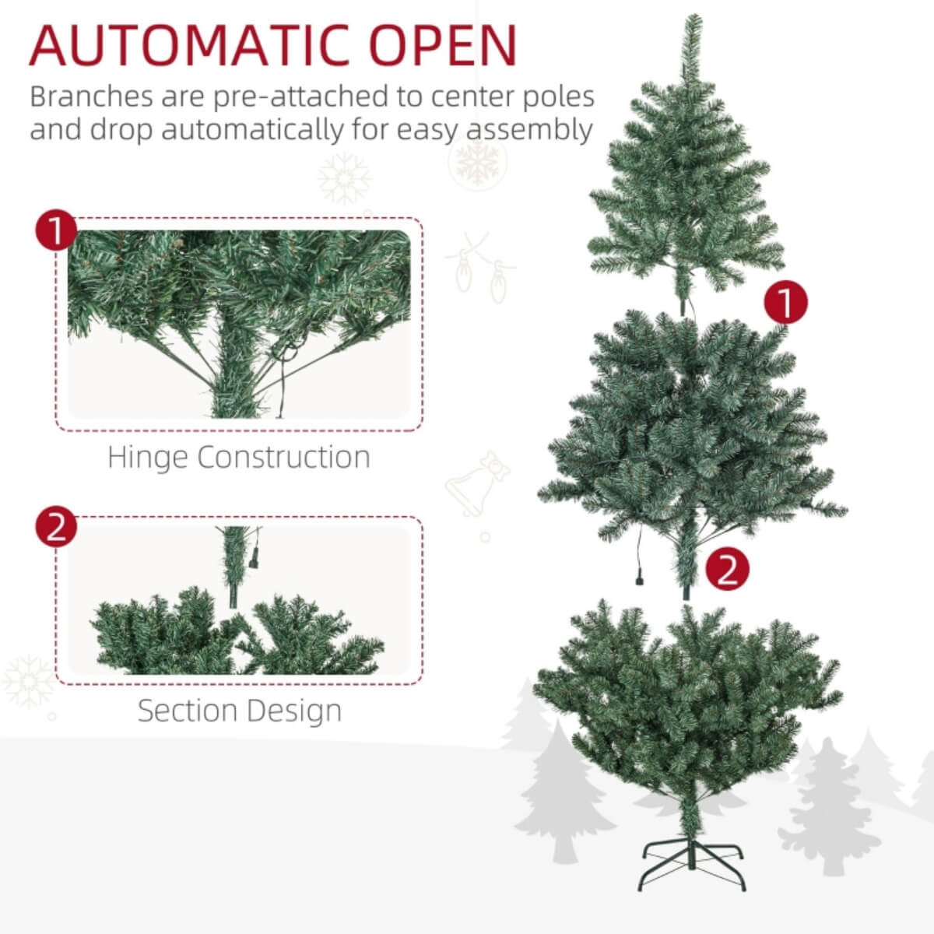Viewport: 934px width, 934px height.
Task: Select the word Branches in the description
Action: tap(91, 97)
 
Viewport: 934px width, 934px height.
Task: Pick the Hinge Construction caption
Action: tap(239, 457)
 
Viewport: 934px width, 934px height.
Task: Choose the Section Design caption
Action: tap(240, 711)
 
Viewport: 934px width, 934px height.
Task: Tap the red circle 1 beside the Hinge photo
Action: tap(56, 231)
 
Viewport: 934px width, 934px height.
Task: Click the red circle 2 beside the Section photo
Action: tap(56, 528)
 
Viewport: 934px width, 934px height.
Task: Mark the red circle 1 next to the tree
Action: tap(785, 302)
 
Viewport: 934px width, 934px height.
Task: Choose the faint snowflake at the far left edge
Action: tap(27, 681)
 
